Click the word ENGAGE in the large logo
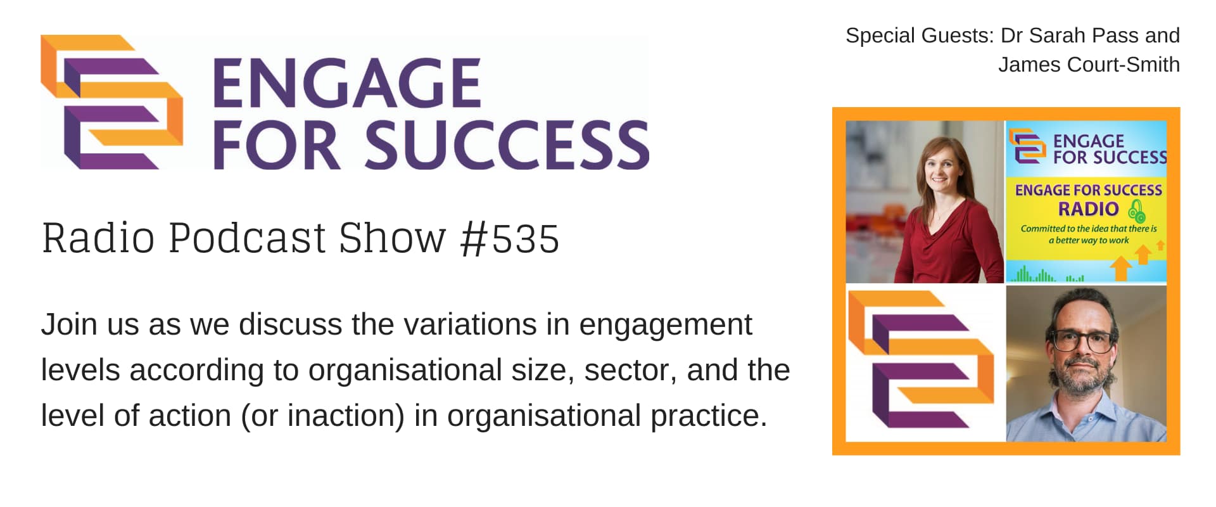346,83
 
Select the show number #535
510,239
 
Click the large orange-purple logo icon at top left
112,102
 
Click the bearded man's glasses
1082,342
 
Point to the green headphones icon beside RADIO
1137,210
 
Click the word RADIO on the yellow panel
1089,209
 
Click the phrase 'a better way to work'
1089,241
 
